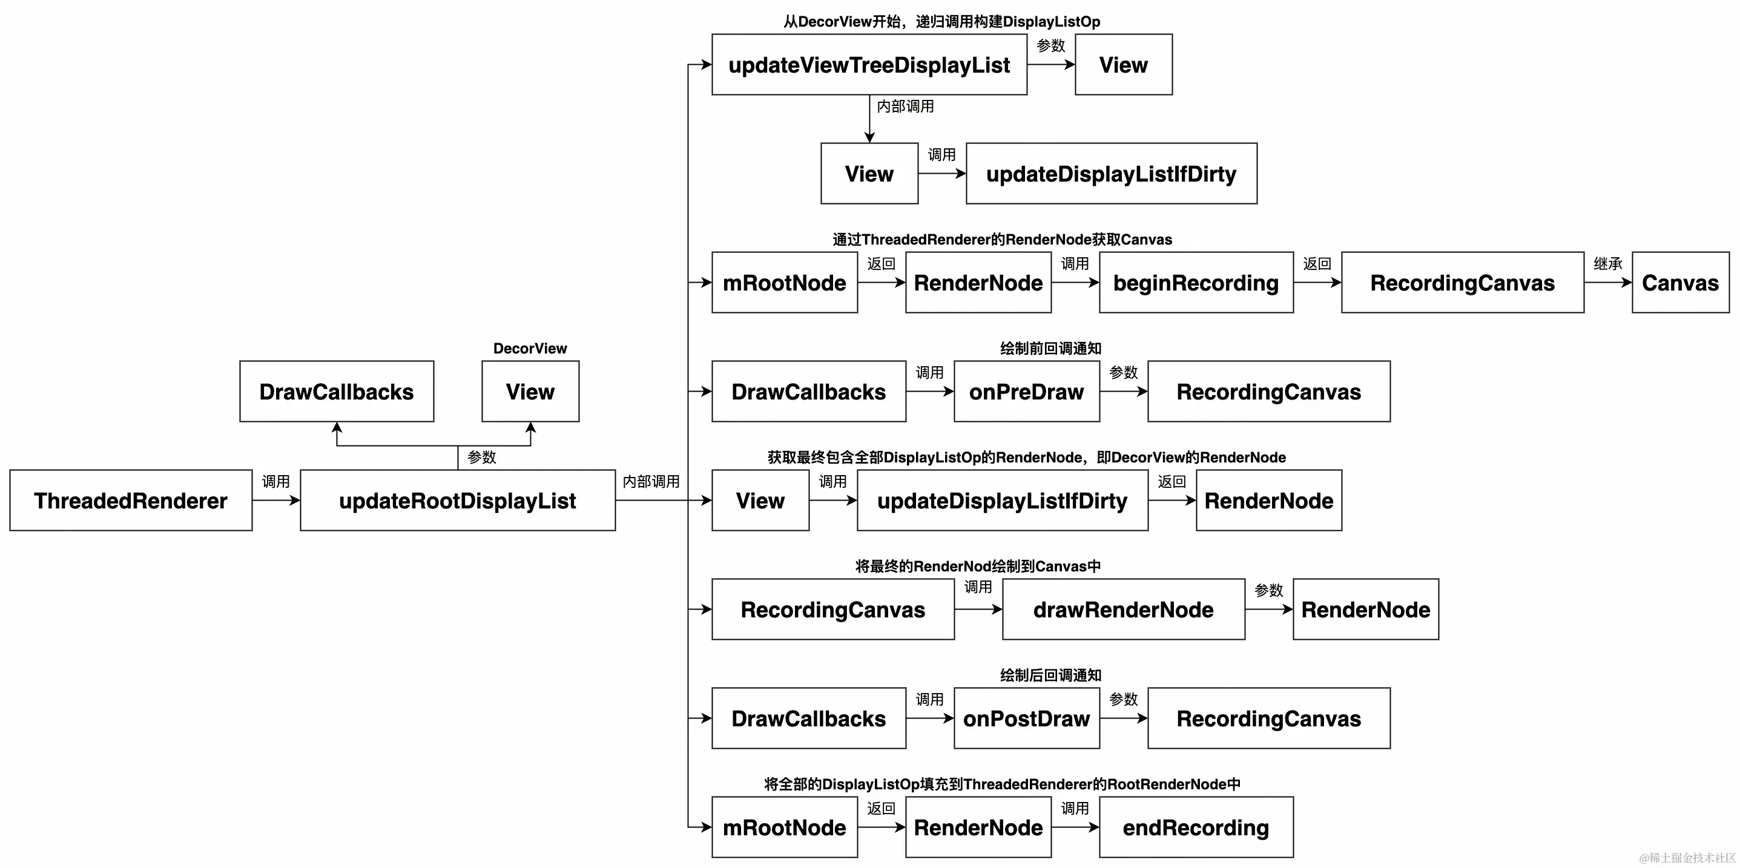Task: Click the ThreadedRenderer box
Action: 130,501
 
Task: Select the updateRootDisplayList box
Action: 457,501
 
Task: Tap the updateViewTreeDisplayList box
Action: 869,65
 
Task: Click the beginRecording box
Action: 1196,282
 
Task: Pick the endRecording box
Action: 1196,827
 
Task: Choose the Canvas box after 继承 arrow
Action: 1680,282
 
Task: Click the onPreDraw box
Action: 1026,392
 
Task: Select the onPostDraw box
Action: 1026,718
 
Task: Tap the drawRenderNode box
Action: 1122,610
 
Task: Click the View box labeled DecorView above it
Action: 530,392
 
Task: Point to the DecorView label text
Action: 530,349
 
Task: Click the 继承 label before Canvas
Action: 1607,263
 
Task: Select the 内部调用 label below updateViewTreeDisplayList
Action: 905,106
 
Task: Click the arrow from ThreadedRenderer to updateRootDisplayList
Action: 275,501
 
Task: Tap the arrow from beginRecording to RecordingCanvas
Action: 1316,282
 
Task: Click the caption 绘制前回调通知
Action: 1050,349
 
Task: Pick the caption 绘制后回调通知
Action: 1050,676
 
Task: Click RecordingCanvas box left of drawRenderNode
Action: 832,610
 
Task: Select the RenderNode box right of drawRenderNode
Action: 1365,610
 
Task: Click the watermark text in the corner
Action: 1687,858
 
